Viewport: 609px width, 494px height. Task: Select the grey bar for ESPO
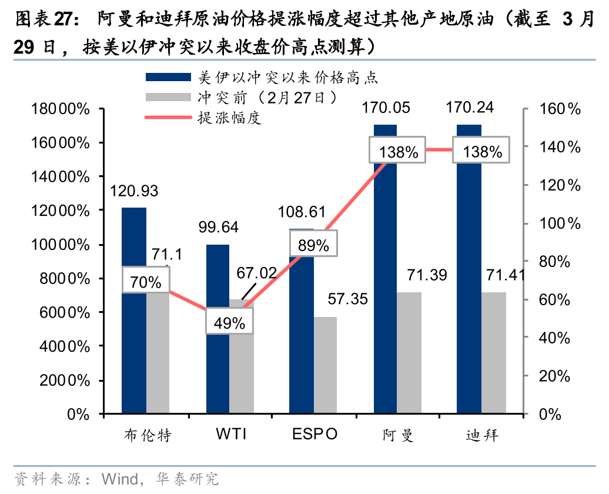coord(325,365)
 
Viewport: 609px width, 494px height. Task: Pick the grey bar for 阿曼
coord(409,353)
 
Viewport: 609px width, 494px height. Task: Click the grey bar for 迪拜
coord(494,353)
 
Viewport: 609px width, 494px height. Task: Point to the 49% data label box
coord(229,322)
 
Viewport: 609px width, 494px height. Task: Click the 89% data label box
coord(313,245)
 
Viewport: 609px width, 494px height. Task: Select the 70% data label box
coord(146,282)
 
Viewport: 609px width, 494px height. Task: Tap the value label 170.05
coord(386,108)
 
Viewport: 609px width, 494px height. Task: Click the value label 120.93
coord(134,191)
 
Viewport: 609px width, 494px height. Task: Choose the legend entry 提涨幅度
coord(230,118)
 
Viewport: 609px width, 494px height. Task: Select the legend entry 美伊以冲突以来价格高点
coord(288,77)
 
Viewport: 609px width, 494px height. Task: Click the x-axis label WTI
coord(231,435)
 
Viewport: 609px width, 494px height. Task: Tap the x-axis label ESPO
coord(315,435)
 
